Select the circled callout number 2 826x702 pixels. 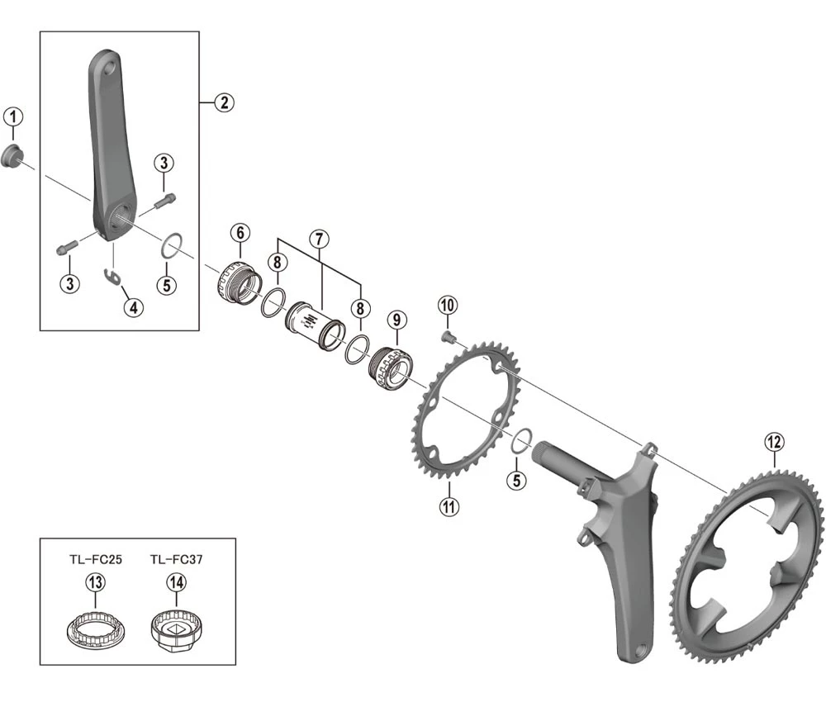(x=223, y=102)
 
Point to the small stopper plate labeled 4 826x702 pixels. (x=113, y=276)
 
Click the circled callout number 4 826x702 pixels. (x=133, y=307)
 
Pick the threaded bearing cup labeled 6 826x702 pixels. (x=236, y=282)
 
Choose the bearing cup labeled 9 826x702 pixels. (x=388, y=369)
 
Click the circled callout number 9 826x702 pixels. (x=396, y=319)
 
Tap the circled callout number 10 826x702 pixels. (x=447, y=305)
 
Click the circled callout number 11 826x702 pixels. (x=449, y=506)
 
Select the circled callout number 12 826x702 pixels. (x=773, y=443)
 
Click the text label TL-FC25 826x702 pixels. (x=96, y=559)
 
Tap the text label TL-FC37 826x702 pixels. (x=177, y=559)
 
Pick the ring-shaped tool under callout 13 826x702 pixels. (x=96, y=630)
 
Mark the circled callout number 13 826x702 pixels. (x=96, y=583)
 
